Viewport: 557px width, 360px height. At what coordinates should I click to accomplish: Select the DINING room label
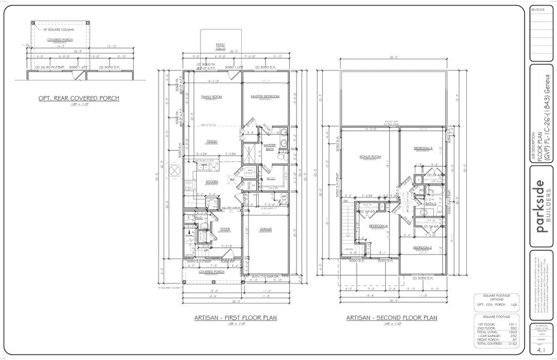(212, 142)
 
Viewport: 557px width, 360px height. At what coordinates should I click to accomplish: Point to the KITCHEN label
(212, 182)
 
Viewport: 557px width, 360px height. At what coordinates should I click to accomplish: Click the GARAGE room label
(266, 229)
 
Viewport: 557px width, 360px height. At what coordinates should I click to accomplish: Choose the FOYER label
(208, 229)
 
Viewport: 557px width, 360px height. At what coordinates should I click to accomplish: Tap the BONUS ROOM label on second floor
(370, 157)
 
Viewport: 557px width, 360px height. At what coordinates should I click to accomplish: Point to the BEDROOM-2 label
(423, 247)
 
